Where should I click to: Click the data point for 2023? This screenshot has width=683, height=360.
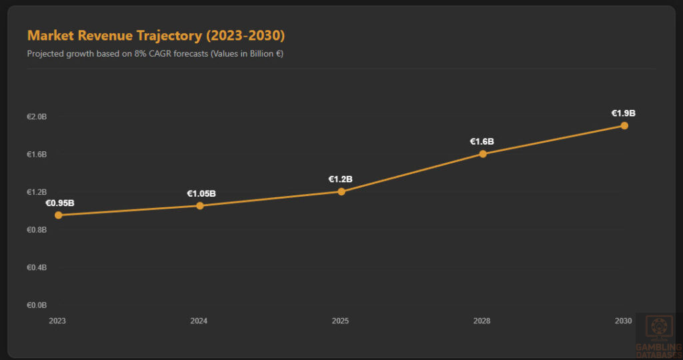tap(59, 215)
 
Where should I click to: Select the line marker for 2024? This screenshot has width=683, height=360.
tap(200, 205)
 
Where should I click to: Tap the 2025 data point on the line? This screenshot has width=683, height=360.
tap(341, 191)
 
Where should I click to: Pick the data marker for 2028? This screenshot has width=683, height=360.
tap(483, 154)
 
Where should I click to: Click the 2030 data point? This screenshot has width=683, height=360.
tap(624, 125)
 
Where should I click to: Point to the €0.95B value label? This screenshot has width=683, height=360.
tap(59, 203)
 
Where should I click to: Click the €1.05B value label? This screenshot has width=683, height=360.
tap(201, 193)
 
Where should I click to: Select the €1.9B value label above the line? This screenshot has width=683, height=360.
tap(624, 113)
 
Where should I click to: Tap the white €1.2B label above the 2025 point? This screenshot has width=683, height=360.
tap(340, 179)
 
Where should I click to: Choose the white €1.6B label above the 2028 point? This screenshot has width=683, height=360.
tap(482, 141)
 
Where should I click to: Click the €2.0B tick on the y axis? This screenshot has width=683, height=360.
tap(37, 117)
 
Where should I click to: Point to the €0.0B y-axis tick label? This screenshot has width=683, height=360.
tap(37, 305)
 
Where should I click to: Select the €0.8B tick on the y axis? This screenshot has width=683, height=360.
tap(37, 230)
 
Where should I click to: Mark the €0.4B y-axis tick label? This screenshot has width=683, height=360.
tap(37, 267)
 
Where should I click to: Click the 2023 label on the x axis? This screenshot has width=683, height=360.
tap(57, 321)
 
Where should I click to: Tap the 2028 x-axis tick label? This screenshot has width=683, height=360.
tap(482, 321)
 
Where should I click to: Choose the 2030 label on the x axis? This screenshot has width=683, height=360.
tap(623, 321)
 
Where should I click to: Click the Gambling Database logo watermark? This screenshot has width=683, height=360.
tap(658, 335)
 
